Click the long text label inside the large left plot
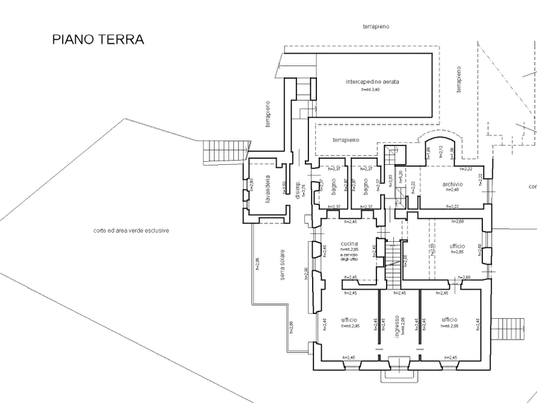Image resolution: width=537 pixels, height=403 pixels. click(x=132, y=230)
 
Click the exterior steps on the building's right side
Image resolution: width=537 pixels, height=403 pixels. click(x=505, y=328)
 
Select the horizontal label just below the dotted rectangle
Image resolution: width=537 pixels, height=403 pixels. click(x=345, y=140)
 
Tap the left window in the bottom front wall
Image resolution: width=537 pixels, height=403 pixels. click(x=349, y=364)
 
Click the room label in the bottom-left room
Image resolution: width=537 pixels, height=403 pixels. click(x=349, y=322)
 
